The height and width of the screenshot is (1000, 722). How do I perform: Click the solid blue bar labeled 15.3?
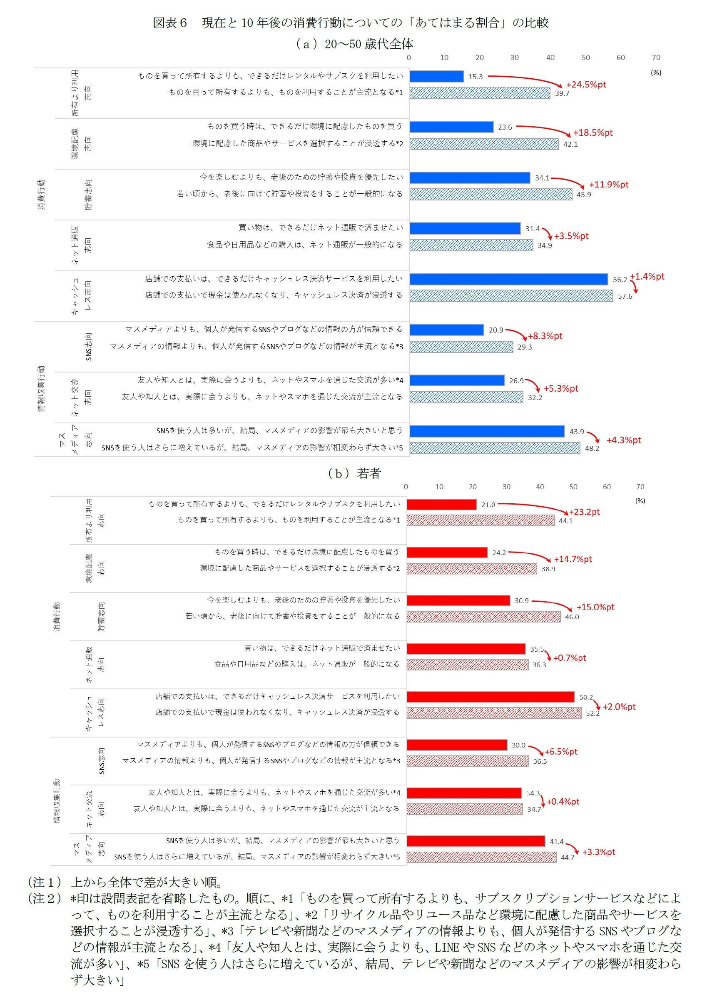436,76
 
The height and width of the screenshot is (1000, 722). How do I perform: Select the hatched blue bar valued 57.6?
511,296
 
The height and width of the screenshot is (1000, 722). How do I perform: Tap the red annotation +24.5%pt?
586,85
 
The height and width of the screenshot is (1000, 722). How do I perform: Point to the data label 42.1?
570,144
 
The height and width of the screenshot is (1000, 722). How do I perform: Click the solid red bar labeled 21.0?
441,505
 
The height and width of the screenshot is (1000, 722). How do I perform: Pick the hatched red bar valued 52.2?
494,713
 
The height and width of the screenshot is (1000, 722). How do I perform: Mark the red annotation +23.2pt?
584,512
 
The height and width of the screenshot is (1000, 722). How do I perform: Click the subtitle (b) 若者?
354,474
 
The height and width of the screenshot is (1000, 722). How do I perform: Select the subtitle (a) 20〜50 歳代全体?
354,44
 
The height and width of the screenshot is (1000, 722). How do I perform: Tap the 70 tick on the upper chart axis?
656,58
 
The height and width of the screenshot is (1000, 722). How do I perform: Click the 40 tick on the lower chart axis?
540,487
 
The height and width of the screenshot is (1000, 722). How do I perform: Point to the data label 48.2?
592,448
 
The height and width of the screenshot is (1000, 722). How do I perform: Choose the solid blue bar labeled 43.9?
487,431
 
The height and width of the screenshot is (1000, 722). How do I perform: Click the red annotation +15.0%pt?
595,607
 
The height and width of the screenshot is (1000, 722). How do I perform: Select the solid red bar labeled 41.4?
476,841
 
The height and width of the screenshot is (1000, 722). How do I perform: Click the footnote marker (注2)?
44,899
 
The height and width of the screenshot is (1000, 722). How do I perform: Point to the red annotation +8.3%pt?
545,336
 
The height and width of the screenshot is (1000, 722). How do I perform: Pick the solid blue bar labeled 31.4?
465,228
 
